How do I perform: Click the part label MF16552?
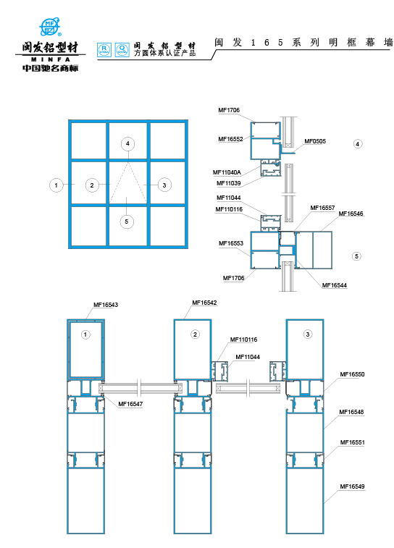[230, 138]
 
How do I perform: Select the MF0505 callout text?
[314, 141]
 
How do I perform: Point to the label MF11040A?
[227, 172]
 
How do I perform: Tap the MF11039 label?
[228, 183]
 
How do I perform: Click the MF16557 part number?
[323, 208]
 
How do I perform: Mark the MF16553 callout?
[230, 244]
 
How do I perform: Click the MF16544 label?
[334, 285]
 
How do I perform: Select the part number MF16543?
[106, 305]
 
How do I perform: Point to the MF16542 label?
[204, 303]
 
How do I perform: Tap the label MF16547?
[130, 404]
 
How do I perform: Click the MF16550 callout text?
[352, 374]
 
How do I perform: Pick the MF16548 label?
[352, 412]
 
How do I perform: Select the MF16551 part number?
[352, 442]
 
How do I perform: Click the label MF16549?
[352, 486]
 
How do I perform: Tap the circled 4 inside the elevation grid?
[127, 144]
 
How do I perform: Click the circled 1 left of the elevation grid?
[55, 185]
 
